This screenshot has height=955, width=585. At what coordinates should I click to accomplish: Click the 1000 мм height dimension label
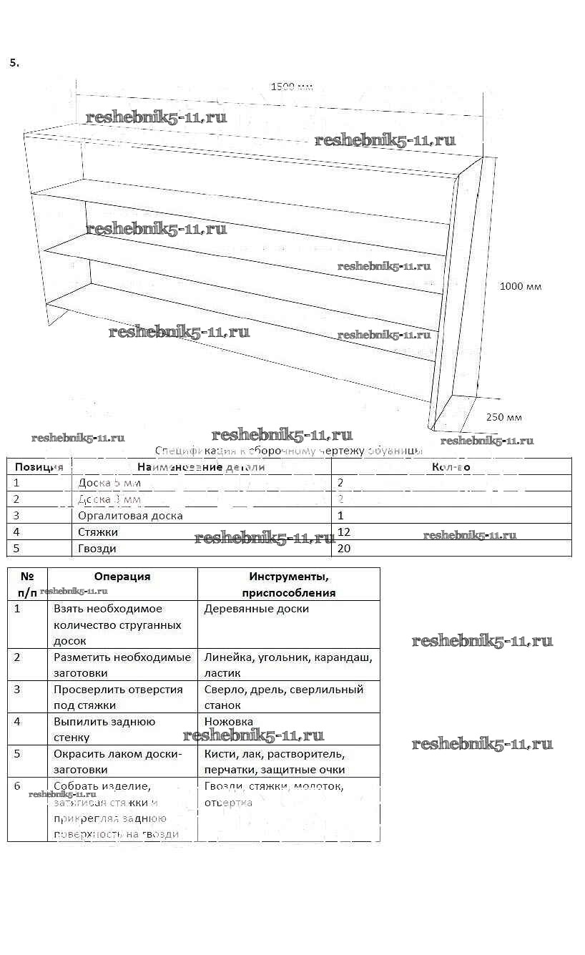(x=520, y=287)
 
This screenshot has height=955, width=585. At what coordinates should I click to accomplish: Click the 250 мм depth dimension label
(x=503, y=418)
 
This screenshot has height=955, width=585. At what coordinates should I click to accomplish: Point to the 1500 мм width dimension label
(x=292, y=87)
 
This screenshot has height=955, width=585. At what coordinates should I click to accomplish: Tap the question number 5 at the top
(x=14, y=62)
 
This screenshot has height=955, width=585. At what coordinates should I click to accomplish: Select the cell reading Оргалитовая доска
(x=130, y=516)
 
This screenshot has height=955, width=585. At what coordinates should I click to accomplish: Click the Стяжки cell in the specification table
(x=98, y=532)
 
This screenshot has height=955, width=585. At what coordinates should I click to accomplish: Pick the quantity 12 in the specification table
(x=343, y=532)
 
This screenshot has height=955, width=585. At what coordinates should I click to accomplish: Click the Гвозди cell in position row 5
(x=97, y=549)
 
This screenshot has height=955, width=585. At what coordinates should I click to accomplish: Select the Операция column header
(x=122, y=577)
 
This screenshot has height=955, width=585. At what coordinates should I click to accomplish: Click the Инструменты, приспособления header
(x=288, y=584)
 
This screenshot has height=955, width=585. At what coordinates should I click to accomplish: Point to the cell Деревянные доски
(x=257, y=609)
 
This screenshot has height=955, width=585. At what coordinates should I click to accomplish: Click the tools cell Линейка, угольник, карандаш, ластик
(x=287, y=665)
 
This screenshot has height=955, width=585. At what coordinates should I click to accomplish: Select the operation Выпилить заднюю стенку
(x=104, y=729)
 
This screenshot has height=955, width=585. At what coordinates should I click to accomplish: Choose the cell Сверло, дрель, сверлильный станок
(x=284, y=697)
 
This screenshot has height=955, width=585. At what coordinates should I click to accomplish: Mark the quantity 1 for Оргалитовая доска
(x=340, y=516)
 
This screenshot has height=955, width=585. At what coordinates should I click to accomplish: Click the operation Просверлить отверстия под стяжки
(x=118, y=697)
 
